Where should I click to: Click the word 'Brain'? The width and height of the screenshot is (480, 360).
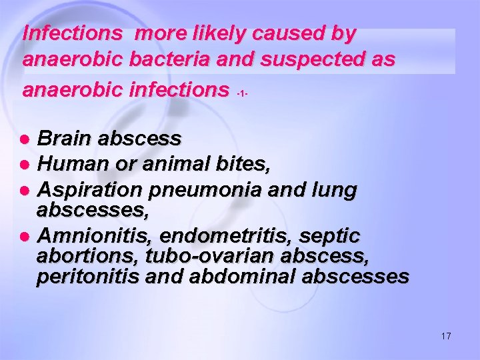(65, 139)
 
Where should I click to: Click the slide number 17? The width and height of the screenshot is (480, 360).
(446, 337)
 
